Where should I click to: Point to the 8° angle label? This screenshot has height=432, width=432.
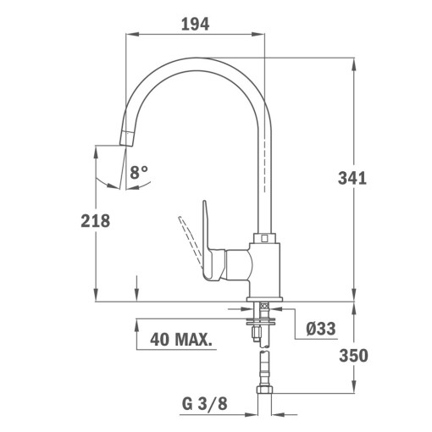pyautogui.click(x=139, y=173)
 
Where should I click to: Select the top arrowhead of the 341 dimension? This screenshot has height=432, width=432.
pyautogui.click(x=353, y=60)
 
